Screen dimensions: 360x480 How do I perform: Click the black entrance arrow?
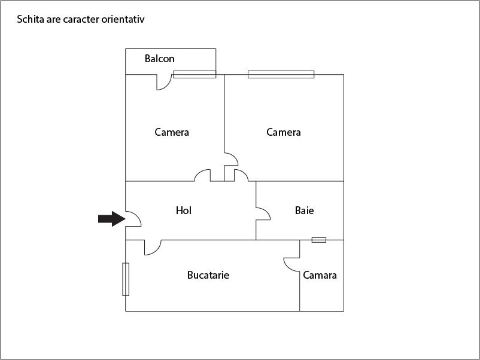(x=111, y=219)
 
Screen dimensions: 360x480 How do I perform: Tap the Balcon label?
(x=160, y=59)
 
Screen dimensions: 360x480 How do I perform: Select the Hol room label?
(x=184, y=210)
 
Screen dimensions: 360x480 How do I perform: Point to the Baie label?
(x=304, y=210)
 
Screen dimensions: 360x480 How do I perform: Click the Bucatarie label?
(x=208, y=275)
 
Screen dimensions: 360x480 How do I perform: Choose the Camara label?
(x=320, y=275)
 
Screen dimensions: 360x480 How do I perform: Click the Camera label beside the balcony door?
(x=172, y=132)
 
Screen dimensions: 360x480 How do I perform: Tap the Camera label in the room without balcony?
(x=284, y=132)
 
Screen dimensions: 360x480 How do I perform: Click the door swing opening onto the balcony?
(x=163, y=82)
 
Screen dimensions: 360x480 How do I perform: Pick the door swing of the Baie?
(x=263, y=214)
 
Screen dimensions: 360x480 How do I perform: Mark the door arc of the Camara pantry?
(x=291, y=264)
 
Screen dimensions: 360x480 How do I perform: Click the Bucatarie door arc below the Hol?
(x=153, y=247)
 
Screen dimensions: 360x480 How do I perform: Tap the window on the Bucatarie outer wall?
(x=126, y=279)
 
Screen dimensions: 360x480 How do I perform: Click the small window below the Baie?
(x=319, y=240)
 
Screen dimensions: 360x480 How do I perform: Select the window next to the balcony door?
(x=195, y=74)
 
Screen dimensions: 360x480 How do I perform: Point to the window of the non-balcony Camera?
(x=281, y=74)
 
